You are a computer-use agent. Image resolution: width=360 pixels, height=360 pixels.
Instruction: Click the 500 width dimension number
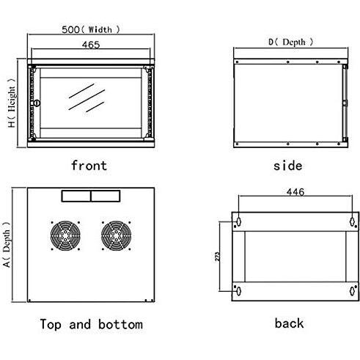[70, 29]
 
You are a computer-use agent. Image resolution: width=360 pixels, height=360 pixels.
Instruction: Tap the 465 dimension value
[91, 45]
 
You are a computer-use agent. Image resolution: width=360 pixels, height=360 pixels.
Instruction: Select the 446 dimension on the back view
[295, 192]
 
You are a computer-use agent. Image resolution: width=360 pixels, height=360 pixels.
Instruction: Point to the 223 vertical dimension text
[217, 257]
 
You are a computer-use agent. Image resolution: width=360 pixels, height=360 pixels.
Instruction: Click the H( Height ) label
[11, 103]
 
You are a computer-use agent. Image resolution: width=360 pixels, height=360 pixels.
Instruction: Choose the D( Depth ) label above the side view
[290, 42]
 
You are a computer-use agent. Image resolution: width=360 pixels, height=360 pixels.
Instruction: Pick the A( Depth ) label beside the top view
[7, 245]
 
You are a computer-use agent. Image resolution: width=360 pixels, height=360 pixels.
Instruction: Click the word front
[89, 165]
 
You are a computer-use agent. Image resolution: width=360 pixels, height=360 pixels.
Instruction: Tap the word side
[287, 166]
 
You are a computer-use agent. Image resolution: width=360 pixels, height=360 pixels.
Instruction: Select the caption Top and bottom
[92, 324]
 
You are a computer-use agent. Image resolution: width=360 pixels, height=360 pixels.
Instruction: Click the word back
[289, 323]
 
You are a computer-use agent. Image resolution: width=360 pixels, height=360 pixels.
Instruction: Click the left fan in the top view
[65, 236]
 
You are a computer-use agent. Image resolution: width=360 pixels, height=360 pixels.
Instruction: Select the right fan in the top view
[116, 236]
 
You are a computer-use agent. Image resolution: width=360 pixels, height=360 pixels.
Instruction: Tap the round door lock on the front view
[37, 103]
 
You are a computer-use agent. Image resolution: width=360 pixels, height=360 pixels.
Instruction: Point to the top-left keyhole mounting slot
[239, 222]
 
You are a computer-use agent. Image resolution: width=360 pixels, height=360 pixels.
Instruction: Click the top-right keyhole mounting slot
[352, 222]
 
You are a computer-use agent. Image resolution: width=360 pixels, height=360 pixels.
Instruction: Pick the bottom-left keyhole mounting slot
[239, 291]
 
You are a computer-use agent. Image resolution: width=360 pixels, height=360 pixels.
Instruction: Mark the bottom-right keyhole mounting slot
[352, 291]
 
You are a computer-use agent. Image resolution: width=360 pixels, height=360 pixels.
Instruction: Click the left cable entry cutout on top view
[76, 196]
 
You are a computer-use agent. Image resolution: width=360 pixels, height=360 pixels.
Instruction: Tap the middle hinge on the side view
[345, 103]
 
